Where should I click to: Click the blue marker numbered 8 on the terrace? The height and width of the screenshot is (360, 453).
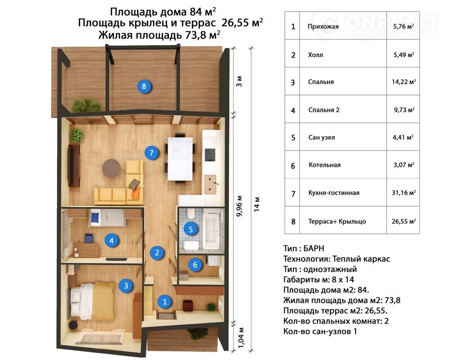144,86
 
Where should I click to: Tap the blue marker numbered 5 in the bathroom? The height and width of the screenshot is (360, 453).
191,229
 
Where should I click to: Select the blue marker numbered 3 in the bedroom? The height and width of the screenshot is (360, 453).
126,286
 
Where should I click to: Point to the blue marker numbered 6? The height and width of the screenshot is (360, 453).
195,265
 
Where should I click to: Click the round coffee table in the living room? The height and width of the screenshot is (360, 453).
111,168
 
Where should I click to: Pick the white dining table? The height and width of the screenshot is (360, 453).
180,159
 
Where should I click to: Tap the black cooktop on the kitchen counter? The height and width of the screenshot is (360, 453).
210,155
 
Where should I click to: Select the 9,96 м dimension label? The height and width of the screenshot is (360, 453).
240,206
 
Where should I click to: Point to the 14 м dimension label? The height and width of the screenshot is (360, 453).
257,204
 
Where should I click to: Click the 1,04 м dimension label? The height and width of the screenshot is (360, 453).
241,338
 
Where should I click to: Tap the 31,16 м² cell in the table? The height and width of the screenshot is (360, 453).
404,193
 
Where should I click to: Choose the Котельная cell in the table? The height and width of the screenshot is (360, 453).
325,165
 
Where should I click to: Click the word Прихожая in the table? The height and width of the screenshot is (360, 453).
323,27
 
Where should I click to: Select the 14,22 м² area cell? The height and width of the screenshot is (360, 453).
404,82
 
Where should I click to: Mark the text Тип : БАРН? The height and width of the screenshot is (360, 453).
304,248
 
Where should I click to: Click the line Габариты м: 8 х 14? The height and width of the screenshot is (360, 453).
319,280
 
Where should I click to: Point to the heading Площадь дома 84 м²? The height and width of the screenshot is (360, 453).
163,11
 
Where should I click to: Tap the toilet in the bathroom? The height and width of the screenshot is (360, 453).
191,214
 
